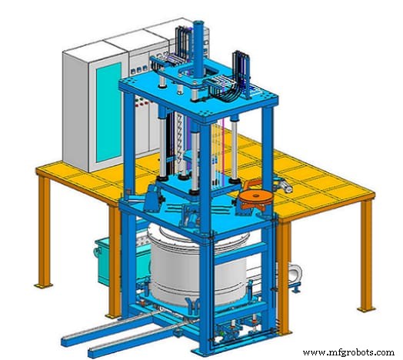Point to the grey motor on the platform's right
tap(281, 185)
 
